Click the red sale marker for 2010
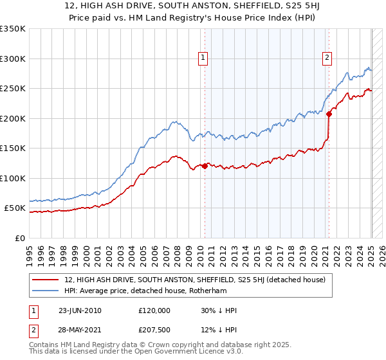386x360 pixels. pos(205,166)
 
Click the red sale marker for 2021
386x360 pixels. pos(329,114)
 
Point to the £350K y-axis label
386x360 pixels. pos(13,29)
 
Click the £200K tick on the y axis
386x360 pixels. pos(13,118)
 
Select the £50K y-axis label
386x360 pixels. pos(15,208)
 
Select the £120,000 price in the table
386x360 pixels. pos(154,310)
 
